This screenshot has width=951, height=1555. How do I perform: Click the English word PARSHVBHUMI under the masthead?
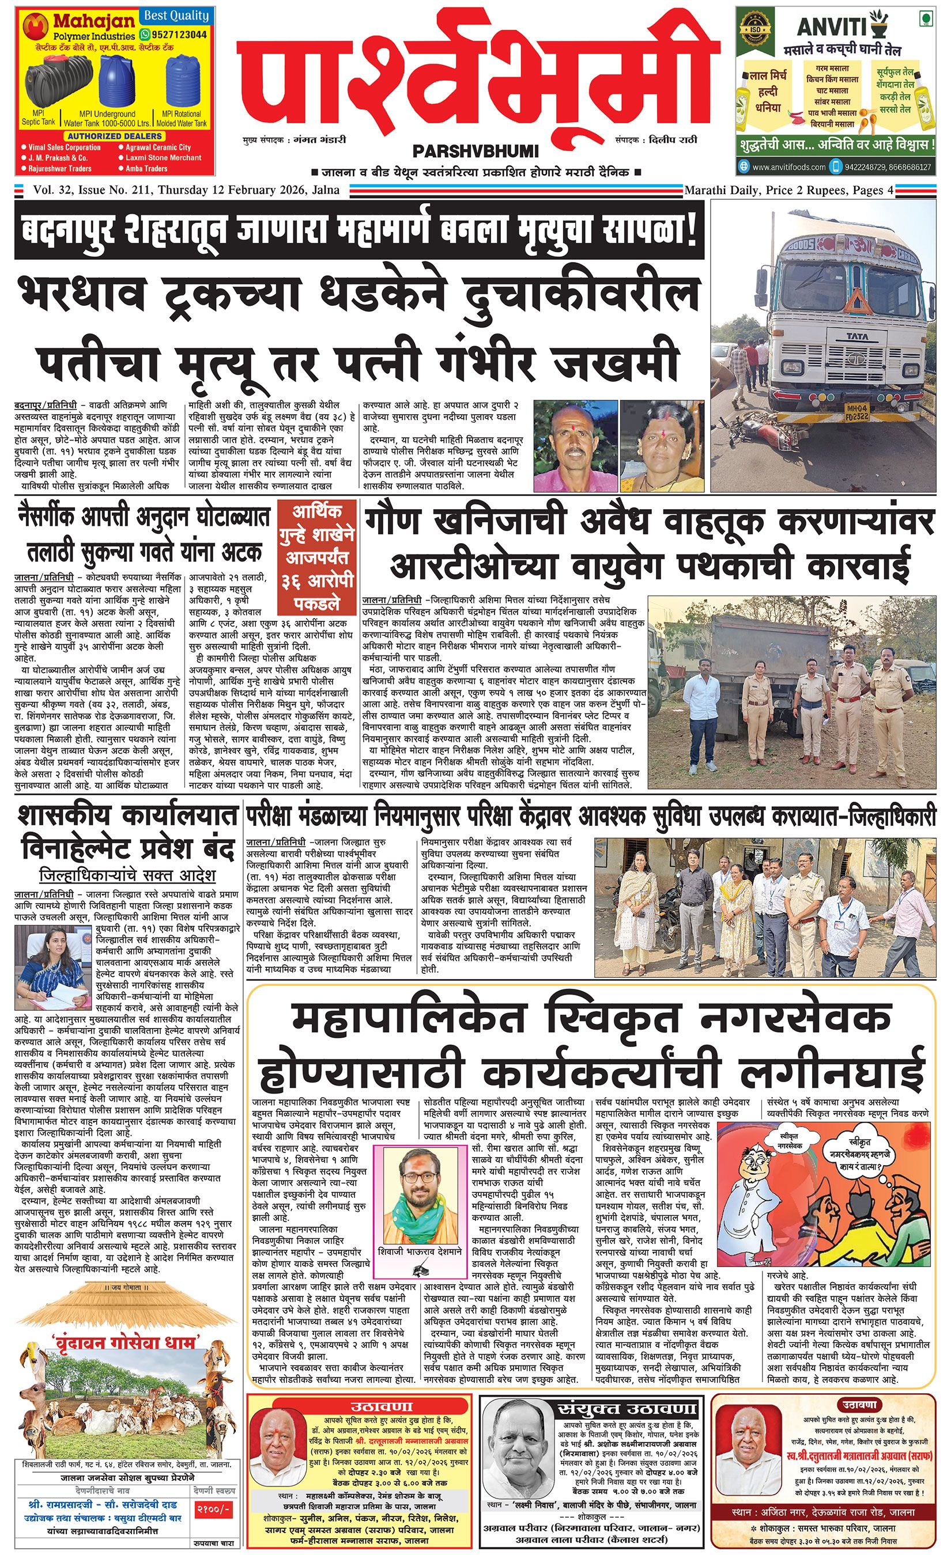click(476, 151)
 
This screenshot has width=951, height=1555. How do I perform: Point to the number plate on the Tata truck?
click(856, 412)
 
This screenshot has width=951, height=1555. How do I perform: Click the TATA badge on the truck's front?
click(856, 336)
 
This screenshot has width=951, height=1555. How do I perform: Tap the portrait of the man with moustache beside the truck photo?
click(575, 446)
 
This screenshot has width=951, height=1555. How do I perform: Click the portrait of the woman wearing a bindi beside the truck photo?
click(662, 446)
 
